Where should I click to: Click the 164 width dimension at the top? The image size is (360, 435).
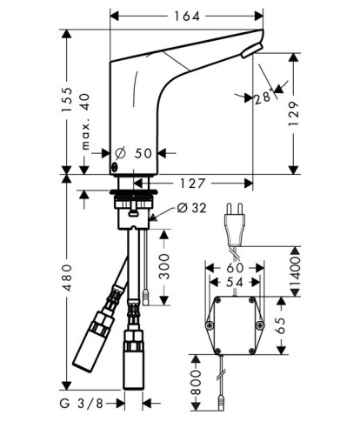point(187,17)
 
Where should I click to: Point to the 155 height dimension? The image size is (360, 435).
point(67,99)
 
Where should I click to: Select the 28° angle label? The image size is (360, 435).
point(263,97)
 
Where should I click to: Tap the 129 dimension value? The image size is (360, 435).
point(294,114)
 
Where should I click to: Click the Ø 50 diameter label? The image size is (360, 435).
point(133,153)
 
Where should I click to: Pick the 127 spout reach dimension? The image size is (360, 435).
point(193,184)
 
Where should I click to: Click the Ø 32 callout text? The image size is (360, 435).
point(191,208)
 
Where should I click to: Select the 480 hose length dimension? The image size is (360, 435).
point(67,278)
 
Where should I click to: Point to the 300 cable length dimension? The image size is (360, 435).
point(164,266)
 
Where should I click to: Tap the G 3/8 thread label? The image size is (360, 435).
point(82,403)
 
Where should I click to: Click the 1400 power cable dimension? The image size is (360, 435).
point(296,271)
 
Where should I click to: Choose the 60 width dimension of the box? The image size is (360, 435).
point(235,268)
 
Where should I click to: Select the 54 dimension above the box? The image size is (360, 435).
point(235,282)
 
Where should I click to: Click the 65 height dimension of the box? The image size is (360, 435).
point(281,325)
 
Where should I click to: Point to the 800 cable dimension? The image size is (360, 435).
point(196,383)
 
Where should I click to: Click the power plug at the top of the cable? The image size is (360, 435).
point(235,224)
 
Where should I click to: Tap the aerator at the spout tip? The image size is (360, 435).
point(251,50)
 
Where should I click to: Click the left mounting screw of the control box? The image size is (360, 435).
point(209,325)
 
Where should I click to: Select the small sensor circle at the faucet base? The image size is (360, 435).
point(115,166)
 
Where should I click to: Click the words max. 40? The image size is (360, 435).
point(86,122)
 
